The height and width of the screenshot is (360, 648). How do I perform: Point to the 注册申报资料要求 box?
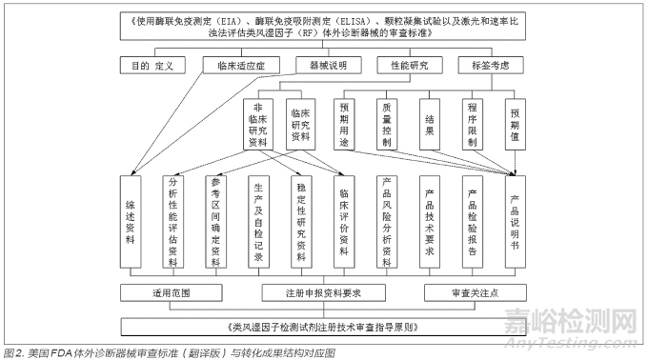pyautogui.click(x=324, y=291)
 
